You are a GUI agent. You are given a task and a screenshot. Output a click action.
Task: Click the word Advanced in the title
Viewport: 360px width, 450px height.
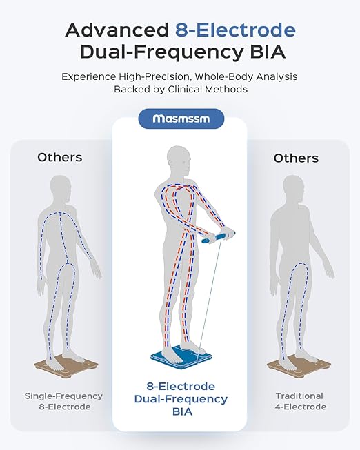[117, 30]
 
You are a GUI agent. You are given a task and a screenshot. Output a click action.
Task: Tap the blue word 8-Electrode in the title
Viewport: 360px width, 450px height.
[235, 30]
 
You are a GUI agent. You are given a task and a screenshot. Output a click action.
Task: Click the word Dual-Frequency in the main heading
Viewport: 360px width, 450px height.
[162, 53]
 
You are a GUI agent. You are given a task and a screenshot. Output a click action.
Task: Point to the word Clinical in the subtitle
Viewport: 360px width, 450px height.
[187, 90]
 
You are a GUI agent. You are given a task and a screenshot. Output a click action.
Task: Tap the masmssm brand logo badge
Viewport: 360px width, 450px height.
[181, 119]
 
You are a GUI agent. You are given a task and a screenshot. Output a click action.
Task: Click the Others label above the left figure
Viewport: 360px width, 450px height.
[60, 157]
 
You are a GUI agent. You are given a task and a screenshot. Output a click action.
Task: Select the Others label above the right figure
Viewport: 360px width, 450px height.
[296, 158]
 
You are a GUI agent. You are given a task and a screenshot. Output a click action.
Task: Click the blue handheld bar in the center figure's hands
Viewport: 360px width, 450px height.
[219, 237]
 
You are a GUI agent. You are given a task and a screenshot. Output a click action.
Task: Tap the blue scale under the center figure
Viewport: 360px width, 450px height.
[181, 357]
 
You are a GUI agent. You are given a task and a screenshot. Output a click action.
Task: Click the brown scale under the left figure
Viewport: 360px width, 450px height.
[66, 366]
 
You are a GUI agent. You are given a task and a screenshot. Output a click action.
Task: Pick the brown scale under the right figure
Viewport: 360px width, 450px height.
[299, 366]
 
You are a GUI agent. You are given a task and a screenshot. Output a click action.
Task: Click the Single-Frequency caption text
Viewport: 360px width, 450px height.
[63, 396]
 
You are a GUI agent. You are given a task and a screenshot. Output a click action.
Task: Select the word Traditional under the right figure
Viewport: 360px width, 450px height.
[299, 396]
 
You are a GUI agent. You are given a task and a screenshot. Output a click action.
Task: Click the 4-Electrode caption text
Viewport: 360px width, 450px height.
[301, 407]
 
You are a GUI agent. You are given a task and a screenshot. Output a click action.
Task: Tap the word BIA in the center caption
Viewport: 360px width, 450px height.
[182, 412]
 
